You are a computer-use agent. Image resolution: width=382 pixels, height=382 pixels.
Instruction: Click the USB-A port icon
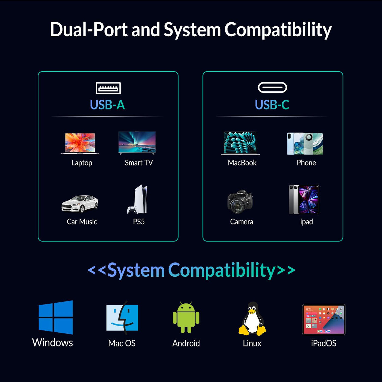coord(108,88)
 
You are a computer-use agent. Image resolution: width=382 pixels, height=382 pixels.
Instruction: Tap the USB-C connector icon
coord(272,87)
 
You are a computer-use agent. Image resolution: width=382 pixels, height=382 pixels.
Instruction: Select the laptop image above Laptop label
coord(80,143)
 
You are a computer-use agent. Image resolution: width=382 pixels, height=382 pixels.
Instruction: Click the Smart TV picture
coord(137,142)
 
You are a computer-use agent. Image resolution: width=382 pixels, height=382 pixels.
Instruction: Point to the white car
coord(80,204)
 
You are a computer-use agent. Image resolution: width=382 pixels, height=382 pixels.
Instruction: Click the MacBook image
coord(240,143)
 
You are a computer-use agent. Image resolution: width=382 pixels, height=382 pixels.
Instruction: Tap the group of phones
coord(305,144)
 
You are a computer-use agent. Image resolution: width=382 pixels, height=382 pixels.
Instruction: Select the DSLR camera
coord(240,202)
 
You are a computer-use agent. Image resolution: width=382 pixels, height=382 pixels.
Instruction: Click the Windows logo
coord(56,317)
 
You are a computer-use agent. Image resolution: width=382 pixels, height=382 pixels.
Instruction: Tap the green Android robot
coord(186,317)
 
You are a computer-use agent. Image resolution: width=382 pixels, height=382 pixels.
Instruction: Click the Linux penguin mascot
coord(252,318)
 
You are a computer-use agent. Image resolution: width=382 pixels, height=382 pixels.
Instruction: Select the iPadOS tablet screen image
coord(324,320)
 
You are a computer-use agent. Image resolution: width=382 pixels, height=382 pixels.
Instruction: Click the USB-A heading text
coord(108,105)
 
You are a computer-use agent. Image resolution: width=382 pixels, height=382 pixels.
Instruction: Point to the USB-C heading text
coord(272,105)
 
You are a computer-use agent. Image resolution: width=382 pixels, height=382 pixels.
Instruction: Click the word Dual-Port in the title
coord(89,29)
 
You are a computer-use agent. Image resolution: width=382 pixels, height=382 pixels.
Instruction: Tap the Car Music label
coord(82,222)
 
